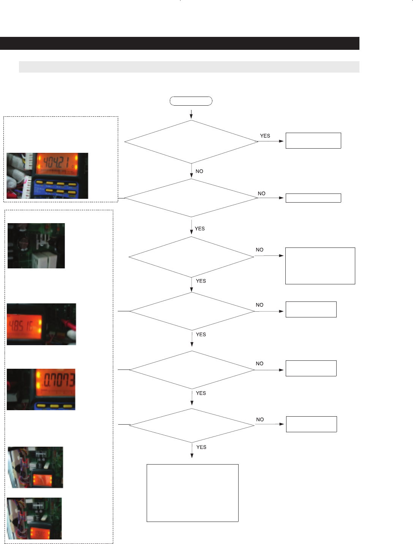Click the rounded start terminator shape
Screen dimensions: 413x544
(x=191, y=101)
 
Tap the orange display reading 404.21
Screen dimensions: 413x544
(x=57, y=163)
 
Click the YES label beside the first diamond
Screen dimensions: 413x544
(x=265, y=136)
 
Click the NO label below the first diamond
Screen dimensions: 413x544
(x=199, y=171)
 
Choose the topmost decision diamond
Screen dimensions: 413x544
(x=191, y=142)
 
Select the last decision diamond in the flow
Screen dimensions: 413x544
(x=191, y=425)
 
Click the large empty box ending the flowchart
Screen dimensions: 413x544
(x=192, y=493)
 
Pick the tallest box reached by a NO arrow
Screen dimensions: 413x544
(x=320, y=266)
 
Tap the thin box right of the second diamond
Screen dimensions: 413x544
(x=313, y=198)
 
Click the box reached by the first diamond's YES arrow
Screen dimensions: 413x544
(x=313, y=141)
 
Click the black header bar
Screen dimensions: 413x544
(x=179, y=43)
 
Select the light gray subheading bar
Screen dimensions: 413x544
(x=189, y=67)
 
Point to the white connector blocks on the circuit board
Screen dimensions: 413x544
(x=45, y=259)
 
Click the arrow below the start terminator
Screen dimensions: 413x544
(x=191, y=114)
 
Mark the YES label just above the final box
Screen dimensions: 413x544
(x=201, y=447)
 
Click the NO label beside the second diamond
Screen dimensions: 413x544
(x=261, y=193)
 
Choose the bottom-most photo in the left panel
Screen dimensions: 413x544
(x=34, y=518)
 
